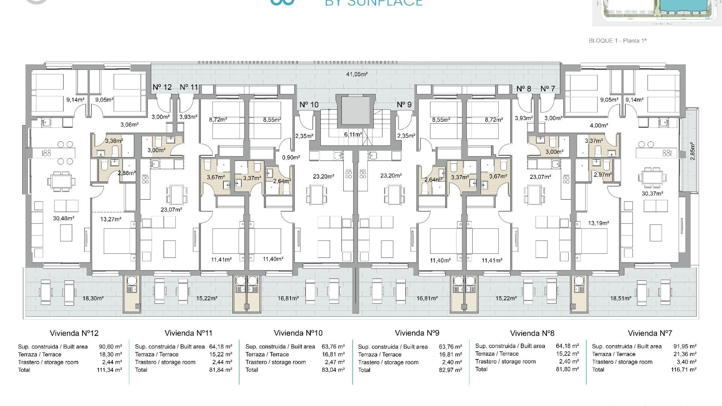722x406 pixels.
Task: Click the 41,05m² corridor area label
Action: [356, 74]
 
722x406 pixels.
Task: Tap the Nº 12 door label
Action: [162, 87]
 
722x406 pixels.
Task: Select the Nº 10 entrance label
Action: [309, 105]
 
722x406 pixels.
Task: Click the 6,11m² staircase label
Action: [353, 134]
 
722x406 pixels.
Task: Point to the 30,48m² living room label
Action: [63, 218]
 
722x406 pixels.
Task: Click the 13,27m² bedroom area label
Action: [111, 219]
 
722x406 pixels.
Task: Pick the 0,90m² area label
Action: [291, 158]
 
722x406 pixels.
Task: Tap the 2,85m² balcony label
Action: [693, 151]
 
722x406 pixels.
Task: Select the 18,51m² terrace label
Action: [620, 298]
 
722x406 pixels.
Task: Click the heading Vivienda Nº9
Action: [417, 333]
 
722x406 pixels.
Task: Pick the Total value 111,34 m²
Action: [109, 370]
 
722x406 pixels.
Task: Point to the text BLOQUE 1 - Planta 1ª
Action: [617, 41]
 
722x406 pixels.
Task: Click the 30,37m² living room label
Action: [652, 194]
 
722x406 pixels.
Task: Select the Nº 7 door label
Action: [548, 89]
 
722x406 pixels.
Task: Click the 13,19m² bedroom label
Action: [598, 223]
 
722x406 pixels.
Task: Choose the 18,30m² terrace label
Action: [93, 298]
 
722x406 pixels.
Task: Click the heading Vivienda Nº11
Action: [188, 333]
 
